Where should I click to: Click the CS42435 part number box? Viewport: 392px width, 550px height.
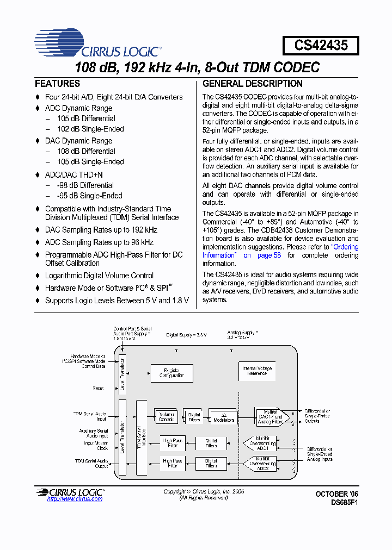(x=321, y=45)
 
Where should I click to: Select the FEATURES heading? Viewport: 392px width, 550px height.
(x=57, y=84)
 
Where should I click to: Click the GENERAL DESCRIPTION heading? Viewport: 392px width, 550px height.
(x=253, y=84)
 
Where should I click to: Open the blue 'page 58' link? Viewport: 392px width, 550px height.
(x=269, y=255)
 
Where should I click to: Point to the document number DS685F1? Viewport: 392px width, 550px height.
(x=345, y=503)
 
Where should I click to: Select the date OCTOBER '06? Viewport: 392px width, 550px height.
(x=338, y=493)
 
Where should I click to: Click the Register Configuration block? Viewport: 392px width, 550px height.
(x=171, y=373)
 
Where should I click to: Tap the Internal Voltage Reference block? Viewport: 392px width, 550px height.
(x=257, y=372)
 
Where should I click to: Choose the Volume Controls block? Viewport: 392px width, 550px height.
(x=166, y=417)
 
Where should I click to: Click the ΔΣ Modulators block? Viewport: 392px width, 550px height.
(x=221, y=417)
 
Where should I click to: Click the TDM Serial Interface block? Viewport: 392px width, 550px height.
(x=142, y=437)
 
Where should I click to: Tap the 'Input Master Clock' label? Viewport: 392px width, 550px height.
(x=96, y=446)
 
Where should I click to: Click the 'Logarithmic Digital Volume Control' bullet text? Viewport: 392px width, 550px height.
(x=99, y=276)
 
